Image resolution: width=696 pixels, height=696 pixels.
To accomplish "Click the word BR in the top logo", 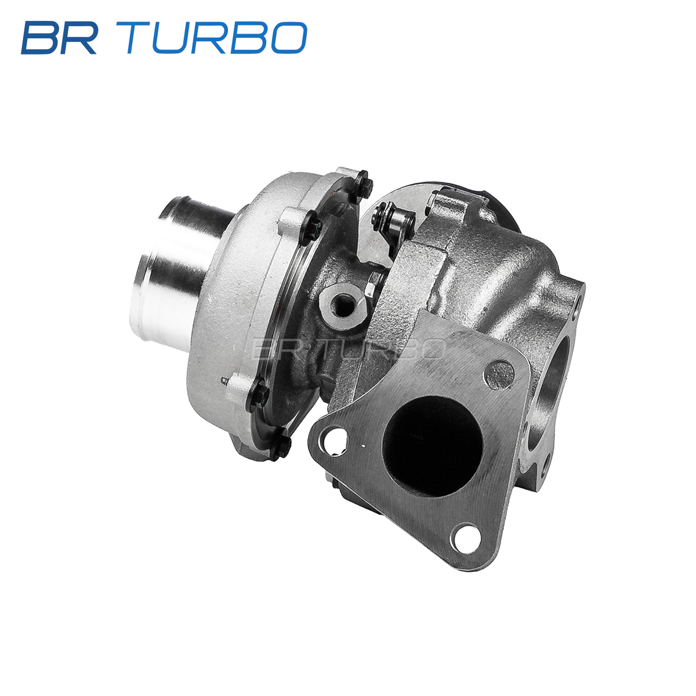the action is click(x=59, y=38).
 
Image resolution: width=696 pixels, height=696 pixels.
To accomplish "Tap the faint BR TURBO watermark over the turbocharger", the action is click(x=347, y=349).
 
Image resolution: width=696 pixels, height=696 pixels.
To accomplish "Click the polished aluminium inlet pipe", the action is click(x=180, y=274).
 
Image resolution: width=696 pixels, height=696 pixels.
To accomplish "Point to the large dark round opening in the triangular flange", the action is click(x=432, y=446).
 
